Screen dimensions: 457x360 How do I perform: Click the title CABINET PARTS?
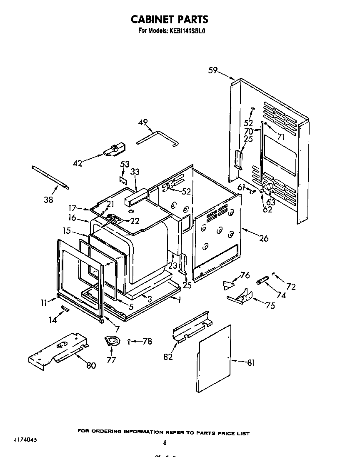click(x=170, y=19)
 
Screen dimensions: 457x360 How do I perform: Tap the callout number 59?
click(x=213, y=70)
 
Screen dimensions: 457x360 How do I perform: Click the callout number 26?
click(x=263, y=238)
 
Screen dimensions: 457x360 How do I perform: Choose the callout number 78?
click(x=146, y=341)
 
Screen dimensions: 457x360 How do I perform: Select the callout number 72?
click(x=290, y=287)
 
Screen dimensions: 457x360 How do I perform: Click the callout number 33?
click(x=135, y=171)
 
